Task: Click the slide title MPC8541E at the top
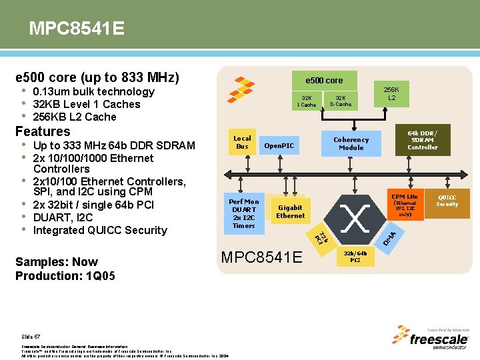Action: [76, 29]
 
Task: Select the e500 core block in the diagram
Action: [324, 81]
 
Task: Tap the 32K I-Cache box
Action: [307, 101]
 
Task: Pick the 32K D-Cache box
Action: [341, 101]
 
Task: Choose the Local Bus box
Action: [242, 143]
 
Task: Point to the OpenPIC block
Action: [279, 145]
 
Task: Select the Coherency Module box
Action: [351, 143]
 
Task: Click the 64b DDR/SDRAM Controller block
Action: [423, 139]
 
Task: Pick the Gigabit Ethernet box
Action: [290, 211]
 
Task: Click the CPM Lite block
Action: [405, 205]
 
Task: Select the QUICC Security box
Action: [447, 201]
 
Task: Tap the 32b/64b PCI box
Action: [355, 257]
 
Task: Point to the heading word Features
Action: [43, 131]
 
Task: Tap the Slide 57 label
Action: [31, 337]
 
